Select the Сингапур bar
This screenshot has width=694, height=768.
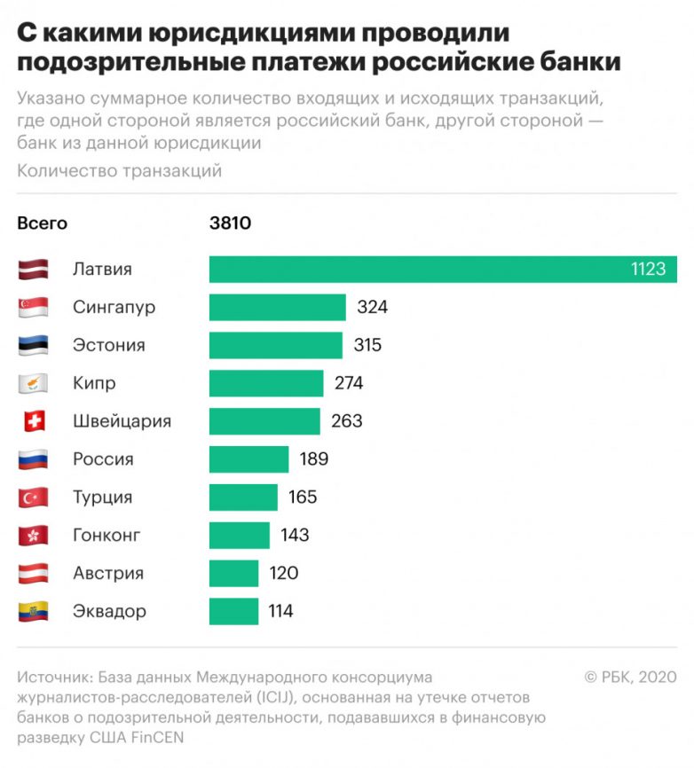[277, 308]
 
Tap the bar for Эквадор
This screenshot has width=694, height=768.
[233, 611]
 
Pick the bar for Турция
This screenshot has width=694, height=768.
[243, 498]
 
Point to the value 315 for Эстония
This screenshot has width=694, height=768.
[367, 345]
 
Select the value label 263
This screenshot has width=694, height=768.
[346, 421]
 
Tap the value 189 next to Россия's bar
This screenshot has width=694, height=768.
[314, 459]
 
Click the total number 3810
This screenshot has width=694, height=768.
[231, 223]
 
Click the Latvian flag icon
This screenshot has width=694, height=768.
[33, 270]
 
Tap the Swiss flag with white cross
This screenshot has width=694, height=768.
[33, 421]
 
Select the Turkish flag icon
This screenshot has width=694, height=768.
[33, 498]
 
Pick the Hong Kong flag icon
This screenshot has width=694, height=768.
[33, 536]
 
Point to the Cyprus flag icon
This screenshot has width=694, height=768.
[33, 384]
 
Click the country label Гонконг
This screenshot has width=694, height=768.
[106, 536]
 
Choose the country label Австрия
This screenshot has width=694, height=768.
[108, 574]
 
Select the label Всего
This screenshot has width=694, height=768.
[43, 223]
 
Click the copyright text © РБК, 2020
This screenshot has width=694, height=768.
[630, 678]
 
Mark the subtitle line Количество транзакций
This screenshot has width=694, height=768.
[119, 171]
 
